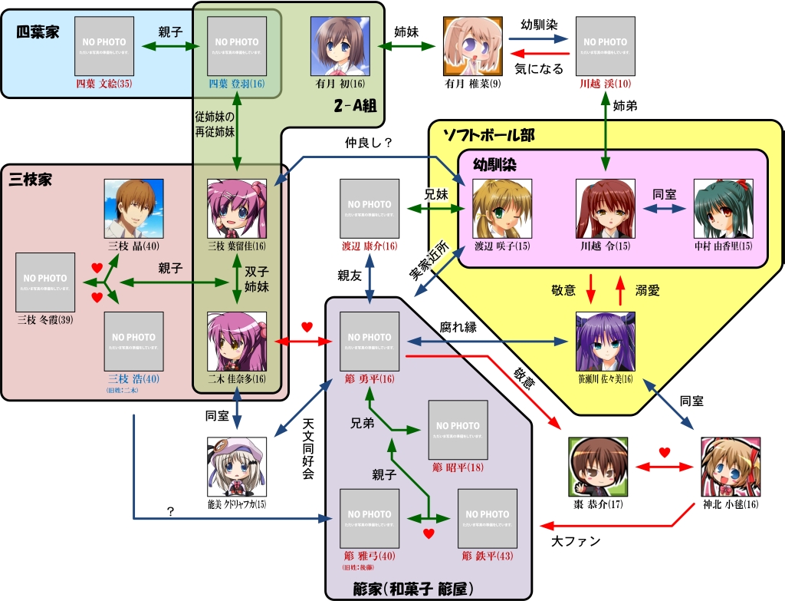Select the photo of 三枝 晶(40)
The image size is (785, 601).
pos(133,208)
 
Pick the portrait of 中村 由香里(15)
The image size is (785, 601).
pos(723,209)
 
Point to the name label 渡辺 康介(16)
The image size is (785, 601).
pos(370,246)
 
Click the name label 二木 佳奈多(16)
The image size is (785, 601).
pos(237,379)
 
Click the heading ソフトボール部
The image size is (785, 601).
pos(488,135)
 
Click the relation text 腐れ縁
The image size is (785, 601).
pos(458,327)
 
